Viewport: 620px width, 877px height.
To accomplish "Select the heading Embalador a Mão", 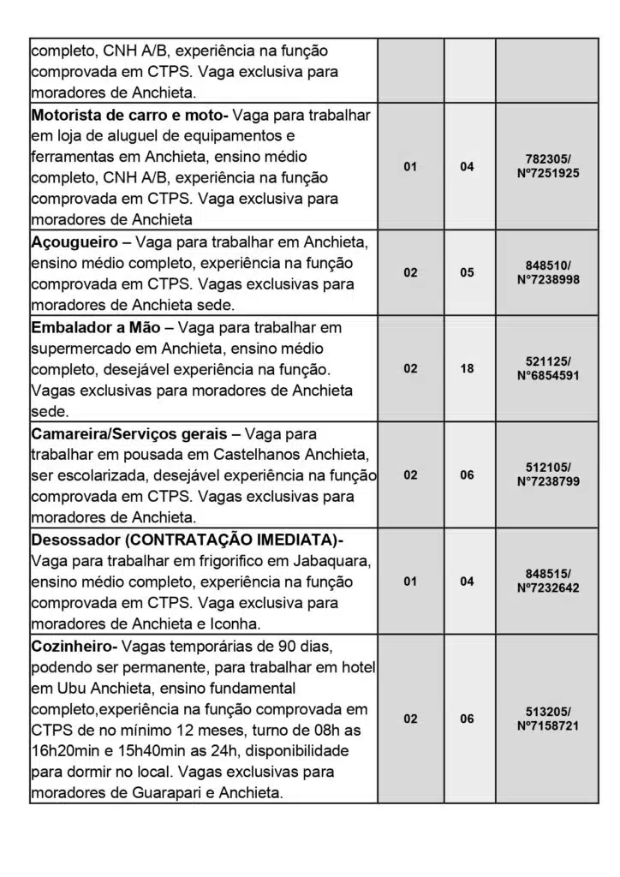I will [x=96, y=327].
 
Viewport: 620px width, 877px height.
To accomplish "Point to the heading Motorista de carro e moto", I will [x=128, y=115].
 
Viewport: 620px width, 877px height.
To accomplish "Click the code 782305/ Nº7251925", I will [x=548, y=166].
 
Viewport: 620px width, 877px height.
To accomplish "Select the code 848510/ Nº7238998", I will [x=548, y=272].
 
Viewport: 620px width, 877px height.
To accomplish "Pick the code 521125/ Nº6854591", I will [x=548, y=368].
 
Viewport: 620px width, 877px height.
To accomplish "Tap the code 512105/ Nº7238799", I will [x=548, y=474].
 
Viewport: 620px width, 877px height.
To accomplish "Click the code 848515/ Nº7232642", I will [x=548, y=581].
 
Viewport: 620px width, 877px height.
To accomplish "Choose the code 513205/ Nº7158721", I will [x=548, y=719].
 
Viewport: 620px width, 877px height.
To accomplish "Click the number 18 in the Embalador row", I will [x=467, y=368].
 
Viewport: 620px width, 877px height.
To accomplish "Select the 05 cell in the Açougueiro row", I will [x=467, y=272].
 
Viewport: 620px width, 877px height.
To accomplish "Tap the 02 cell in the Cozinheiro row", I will [x=411, y=719].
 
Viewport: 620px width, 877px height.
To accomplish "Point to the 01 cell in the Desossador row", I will [x=411, y=582].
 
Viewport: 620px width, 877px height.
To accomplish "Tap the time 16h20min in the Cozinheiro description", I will [x=69, y=750].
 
